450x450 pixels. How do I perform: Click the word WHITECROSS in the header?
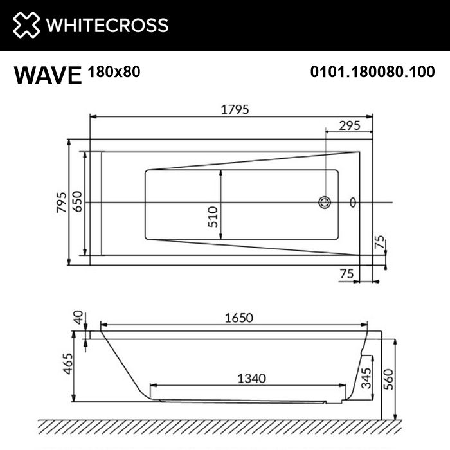point(105,25)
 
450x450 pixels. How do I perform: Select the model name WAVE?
point(48,75)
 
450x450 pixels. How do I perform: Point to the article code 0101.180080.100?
point(372,73)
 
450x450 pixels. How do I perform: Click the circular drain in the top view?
point(325,203)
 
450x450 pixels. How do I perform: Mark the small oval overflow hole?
point(352,203)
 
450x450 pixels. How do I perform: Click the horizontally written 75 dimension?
point(347,274)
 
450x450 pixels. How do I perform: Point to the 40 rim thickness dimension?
point(78,318)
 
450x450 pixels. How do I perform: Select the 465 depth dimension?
point(65,366)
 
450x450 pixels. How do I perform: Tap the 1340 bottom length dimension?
point(250,378)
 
